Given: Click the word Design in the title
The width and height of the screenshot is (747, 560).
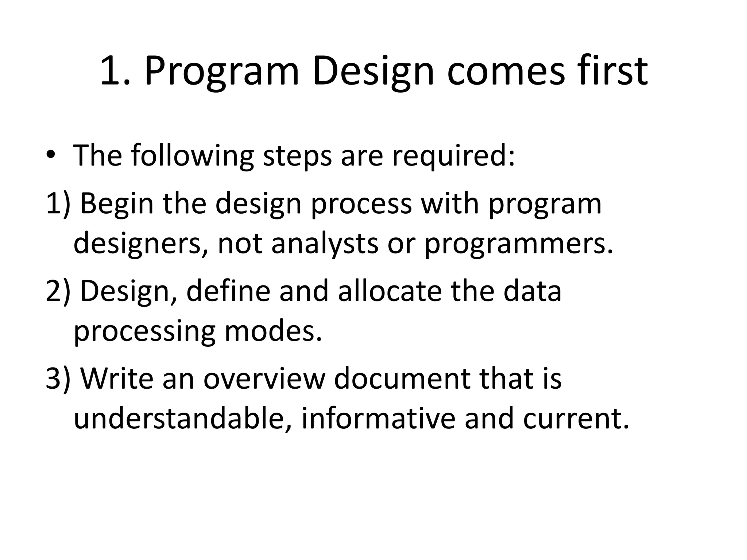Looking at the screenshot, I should tap(373, 71).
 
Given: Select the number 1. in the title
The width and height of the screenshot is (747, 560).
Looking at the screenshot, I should tap(115, 71).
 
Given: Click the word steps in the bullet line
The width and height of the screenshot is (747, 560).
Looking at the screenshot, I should tap(298, 156).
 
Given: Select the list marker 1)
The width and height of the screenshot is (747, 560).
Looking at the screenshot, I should tap(58, 203).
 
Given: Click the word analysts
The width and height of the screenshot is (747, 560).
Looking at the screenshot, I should tap(325, 244).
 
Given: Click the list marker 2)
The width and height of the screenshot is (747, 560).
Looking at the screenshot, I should tap(58, 291).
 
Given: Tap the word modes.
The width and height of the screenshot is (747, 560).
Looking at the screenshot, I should tap(273, 331).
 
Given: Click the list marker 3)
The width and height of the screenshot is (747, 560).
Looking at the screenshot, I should tap(58, 378).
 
